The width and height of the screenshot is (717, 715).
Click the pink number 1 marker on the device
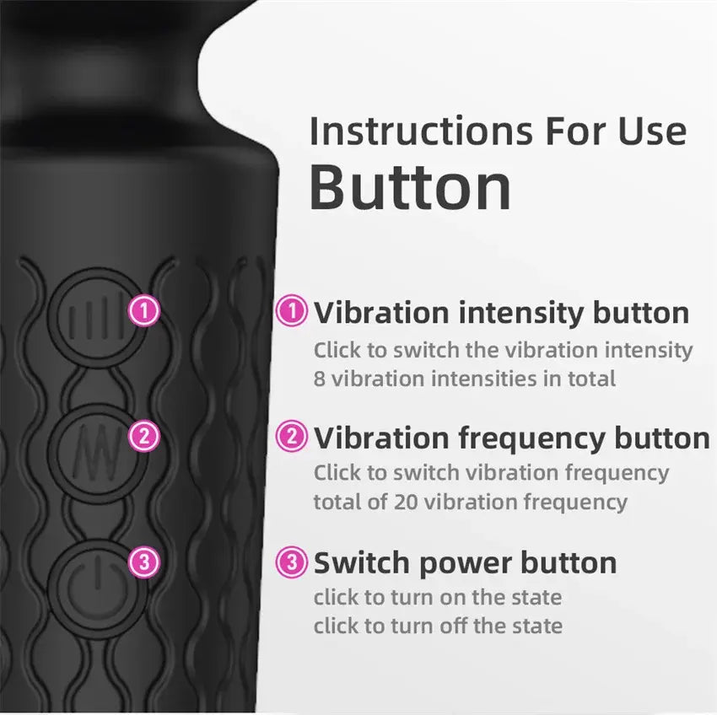coord(144,311)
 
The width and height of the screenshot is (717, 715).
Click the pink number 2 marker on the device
coord(144,436)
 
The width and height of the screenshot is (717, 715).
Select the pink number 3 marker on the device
coord(144,562)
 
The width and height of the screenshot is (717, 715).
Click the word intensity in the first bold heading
coord(522,312)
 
